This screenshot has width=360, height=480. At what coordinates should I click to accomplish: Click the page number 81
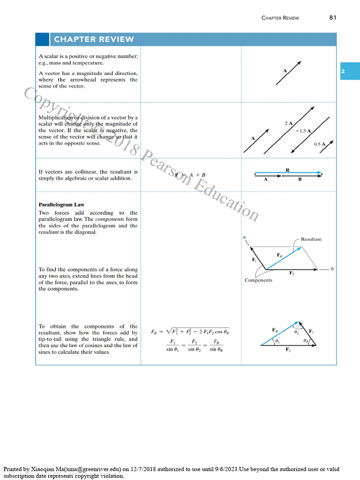(x=333, y=17)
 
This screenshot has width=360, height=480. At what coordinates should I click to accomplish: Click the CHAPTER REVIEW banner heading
(x=94, y=39)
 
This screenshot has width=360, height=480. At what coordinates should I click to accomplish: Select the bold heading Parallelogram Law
(x=61, y=204)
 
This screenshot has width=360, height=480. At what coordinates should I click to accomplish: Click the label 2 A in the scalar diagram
(x=288, y=123)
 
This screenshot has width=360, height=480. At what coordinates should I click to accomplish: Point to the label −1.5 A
(x=303, y=131)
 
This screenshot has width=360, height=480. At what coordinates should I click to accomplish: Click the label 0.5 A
(x=320, y=144)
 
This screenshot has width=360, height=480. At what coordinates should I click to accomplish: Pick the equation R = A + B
(x=190, y=175)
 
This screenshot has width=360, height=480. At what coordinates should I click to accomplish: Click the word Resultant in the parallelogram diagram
(x=311, y=239)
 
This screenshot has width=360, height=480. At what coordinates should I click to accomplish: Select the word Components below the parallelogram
(x=258, y=280)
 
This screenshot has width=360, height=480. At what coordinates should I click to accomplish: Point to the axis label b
(x=332, y=269)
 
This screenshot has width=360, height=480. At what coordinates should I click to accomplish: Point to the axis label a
(x=244, y=237)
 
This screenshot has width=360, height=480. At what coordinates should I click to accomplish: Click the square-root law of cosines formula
(x=190, y=331)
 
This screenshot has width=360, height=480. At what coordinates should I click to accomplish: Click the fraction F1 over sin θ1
(x=172, y=345)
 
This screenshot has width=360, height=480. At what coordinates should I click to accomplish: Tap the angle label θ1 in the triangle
(x=277, y=342)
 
